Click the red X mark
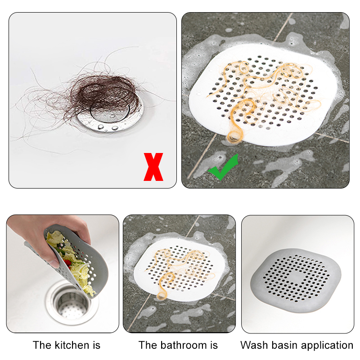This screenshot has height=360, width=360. [153, 167]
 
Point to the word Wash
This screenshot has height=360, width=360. [252, 345]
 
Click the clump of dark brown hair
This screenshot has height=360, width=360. [101, 96]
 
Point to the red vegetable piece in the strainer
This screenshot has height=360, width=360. [67, 263]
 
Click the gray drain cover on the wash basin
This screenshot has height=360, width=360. [296, 280]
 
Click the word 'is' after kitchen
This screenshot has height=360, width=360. [97, 345]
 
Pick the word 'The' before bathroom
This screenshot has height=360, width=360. [148, 345]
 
